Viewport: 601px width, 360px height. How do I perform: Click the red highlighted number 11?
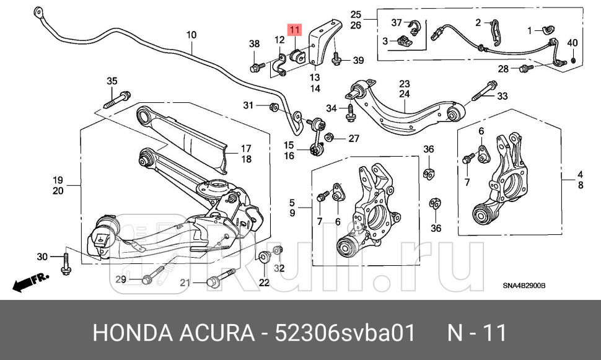click(294, 29)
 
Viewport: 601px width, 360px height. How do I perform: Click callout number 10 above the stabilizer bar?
click(191, 35)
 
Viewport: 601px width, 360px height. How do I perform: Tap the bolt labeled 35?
click(117, 99)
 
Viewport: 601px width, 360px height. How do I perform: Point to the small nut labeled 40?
click(574, 59)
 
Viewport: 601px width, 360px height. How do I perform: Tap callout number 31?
click(248, 105)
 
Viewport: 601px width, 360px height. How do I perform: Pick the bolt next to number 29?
click(156, 275)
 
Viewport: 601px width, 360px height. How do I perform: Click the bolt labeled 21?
click(219, 278)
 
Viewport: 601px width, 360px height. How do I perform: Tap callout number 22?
click(265, 283)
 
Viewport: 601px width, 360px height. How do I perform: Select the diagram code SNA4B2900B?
click(524, 286)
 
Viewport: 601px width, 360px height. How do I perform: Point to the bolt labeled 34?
click(349, 112)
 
